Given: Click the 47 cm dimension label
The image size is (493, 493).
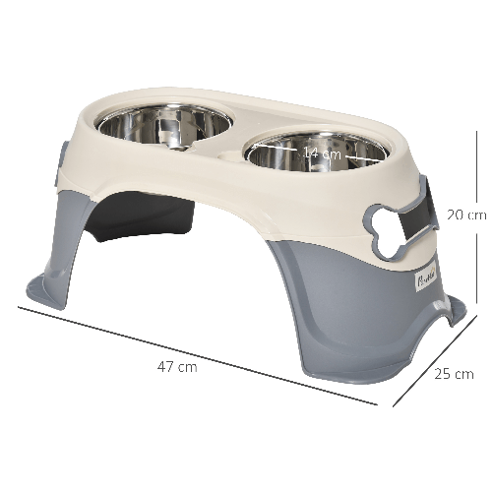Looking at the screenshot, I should pyautogui.click(x=177, y=367).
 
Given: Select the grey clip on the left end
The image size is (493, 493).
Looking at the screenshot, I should pyautogui.click(x=64, y=156).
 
